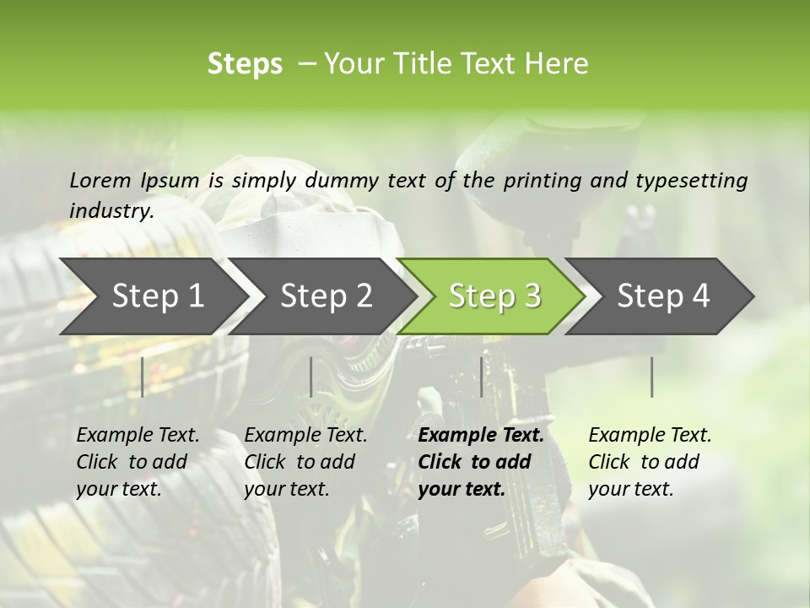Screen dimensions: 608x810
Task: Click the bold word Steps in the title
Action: [245, 64]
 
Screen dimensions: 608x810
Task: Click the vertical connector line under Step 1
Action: [142, 377]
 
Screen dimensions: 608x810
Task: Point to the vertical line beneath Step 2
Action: [311, 377]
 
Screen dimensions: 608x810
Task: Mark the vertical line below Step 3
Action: [481, 377]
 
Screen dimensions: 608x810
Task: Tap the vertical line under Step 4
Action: [651, 377]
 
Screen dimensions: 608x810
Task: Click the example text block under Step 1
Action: [138, 462]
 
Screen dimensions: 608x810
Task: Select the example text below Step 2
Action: [305, 462]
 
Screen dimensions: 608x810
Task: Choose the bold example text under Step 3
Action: [481, 462]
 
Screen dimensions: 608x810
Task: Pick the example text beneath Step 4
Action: [650, 462]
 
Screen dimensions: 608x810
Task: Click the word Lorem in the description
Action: [100, 180]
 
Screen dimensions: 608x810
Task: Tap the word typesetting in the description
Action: [698, 180]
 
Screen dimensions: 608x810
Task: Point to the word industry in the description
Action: [111, 210]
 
